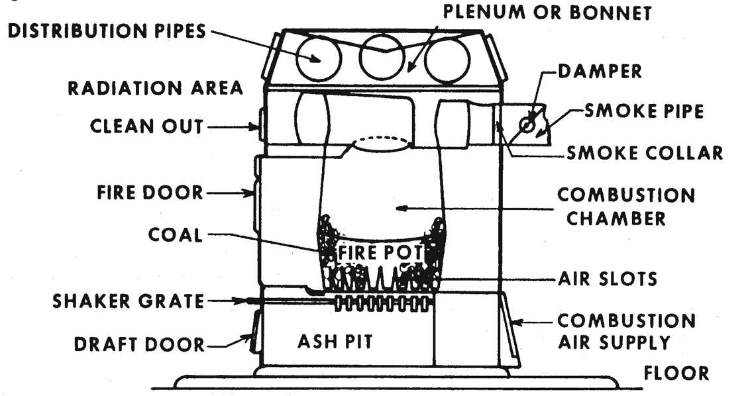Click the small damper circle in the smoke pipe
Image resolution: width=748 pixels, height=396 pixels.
point(529,124)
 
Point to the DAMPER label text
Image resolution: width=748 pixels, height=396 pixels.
point(599,71)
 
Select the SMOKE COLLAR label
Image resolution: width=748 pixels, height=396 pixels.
point(644,153)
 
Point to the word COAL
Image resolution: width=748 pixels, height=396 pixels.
point(175,234)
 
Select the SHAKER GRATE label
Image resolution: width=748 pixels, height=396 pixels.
point(129,301)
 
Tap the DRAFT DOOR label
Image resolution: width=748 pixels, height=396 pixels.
point(138,344)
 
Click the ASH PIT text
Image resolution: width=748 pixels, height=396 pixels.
point(335,342)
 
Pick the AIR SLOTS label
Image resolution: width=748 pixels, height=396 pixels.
point(607,278)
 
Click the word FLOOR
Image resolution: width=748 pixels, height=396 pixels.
point(675,373)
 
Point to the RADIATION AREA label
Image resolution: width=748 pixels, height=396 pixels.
point(155,89)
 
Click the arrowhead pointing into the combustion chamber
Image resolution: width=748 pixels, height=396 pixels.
point(400,209)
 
